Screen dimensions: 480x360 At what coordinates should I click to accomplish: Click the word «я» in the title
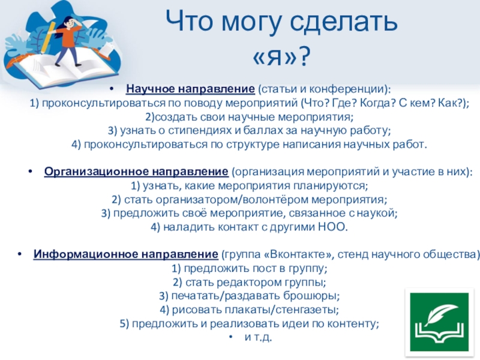281,56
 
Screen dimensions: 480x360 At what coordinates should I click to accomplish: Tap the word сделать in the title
343,22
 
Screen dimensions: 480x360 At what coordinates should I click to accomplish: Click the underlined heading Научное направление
190,89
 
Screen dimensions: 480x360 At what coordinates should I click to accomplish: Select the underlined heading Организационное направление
136,172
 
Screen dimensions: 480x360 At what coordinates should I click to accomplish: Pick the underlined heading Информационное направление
126,254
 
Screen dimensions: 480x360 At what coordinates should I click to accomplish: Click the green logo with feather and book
439,322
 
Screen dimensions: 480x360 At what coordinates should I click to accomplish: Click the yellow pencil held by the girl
47,37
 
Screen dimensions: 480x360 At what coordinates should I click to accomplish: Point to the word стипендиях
200,131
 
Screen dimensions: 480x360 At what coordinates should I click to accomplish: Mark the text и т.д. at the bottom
258,337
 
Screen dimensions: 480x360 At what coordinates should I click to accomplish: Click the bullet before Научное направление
112,89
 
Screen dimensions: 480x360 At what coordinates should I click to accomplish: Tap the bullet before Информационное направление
20,254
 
